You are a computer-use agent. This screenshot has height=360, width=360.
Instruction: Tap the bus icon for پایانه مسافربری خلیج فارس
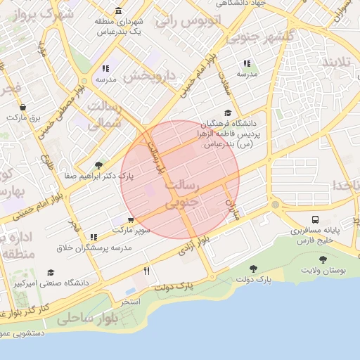pos(314,219)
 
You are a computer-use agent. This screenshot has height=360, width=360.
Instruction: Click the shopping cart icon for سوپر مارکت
pos(130,219)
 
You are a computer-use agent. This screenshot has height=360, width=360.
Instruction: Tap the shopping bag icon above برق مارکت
pos(23,108)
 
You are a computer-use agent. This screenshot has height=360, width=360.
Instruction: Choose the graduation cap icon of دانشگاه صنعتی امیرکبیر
pos(51,272)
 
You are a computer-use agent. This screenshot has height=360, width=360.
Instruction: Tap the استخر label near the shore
pos(131,301)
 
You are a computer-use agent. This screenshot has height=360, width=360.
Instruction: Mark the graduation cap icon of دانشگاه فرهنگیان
pos(227,113)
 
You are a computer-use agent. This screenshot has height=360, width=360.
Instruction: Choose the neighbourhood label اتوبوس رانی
pos(186,20)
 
